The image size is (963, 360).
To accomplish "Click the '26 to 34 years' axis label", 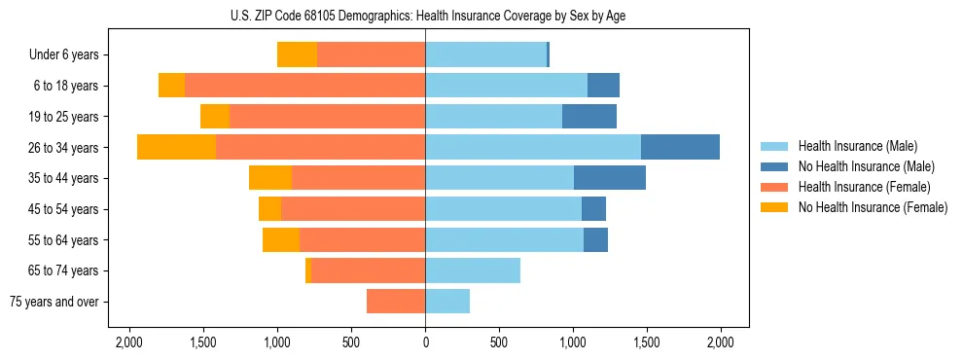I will tap(63, 148).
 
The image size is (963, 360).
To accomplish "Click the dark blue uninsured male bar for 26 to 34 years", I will tap(680, 147).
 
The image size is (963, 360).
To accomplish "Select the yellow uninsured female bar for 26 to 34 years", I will tap(176, 147).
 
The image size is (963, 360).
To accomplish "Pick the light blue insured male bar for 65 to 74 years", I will tap(473, 270).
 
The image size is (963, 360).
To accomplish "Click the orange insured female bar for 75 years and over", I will tap(396, 302).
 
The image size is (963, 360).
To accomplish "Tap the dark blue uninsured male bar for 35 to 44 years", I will tap(610, 178).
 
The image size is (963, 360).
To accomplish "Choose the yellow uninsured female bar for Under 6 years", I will tap(297, 55).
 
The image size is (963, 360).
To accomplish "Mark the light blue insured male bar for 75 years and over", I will tap(447, 302).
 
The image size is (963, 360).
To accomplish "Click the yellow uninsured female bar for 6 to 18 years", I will tap(171, 86).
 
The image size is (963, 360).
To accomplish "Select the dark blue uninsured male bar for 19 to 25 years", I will tap(589, 117).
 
